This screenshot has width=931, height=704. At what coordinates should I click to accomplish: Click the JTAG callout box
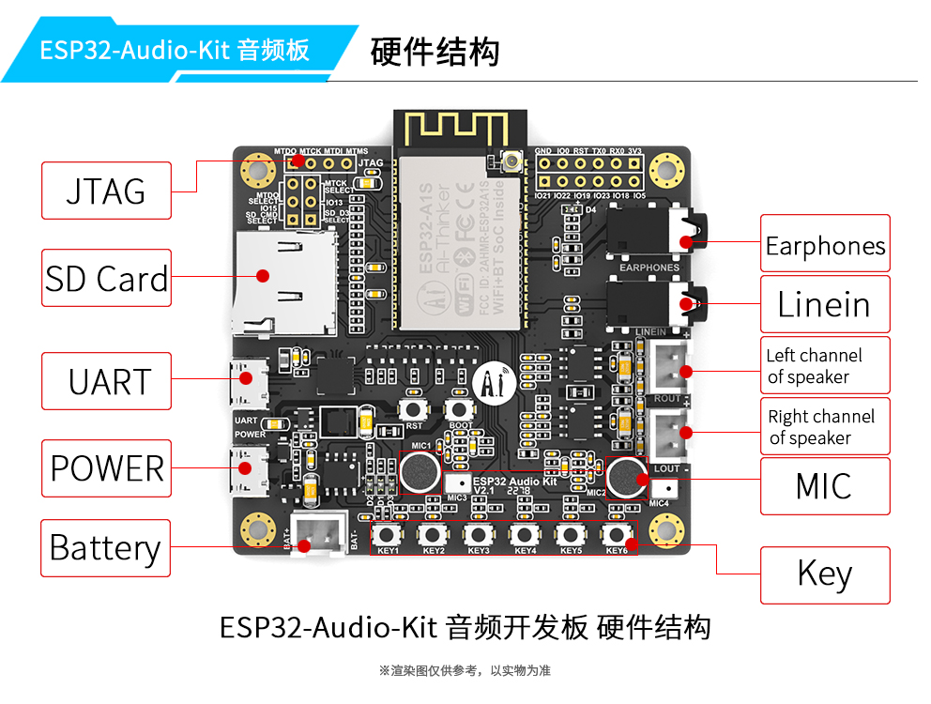106,191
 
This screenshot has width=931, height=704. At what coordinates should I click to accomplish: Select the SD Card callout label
106,278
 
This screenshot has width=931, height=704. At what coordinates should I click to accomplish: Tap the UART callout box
106,381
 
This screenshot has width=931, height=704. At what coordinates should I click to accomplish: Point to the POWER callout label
106,467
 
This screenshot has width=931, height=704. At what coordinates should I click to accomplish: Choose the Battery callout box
105,547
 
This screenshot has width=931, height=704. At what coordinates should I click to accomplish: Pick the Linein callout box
824,304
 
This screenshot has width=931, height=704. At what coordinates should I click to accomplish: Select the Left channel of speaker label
824,365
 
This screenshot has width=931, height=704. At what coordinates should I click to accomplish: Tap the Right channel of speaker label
824,426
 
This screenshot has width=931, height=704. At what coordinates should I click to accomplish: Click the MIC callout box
824,485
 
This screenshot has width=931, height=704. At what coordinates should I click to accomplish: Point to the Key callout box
824,574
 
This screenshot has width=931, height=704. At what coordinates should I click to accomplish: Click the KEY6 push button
616,535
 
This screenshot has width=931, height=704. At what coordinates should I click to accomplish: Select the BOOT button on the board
460,409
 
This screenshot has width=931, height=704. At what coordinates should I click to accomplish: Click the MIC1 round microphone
420,471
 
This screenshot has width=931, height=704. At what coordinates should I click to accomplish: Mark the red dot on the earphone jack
686,240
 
